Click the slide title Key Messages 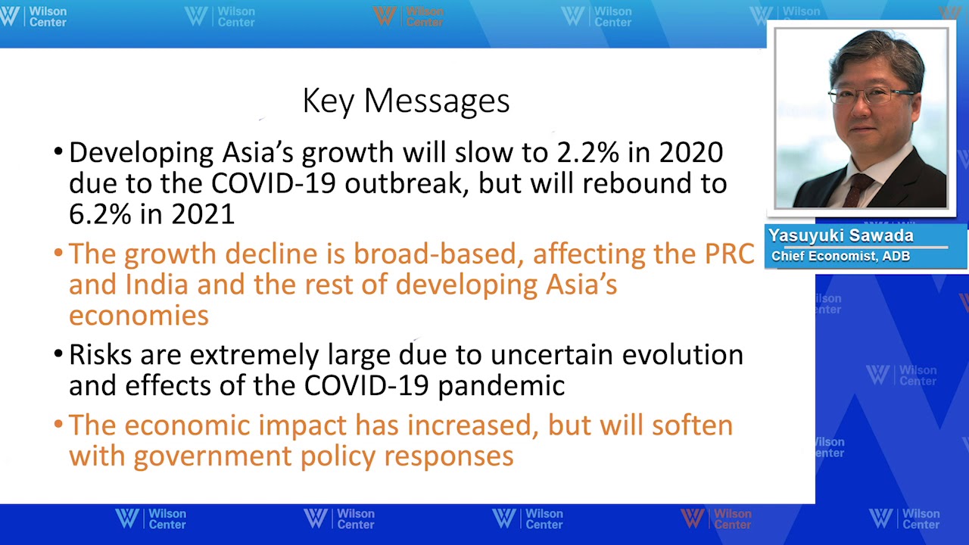click(x=406, y=101)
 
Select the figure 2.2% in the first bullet click(x=587, y=153)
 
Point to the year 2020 click(x=691, y=153)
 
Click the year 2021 click(x=203, y=214)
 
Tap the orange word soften click(x=692, y=425)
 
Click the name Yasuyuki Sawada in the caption click(x=840, y=236)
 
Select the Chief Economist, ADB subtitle click(x=840, y=257)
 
